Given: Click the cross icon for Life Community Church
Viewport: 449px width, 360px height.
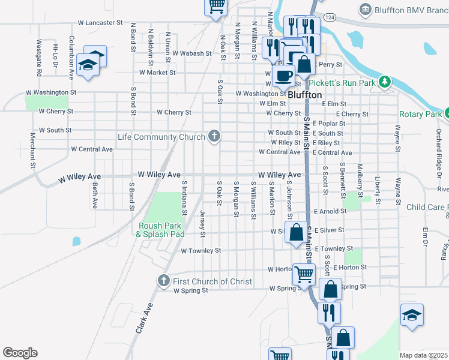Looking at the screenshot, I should (x=214, y=136).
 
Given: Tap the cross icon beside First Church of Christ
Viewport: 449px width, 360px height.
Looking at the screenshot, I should (x=163, y=281).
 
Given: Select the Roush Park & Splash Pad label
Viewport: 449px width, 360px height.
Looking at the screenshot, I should (x=160, y=230).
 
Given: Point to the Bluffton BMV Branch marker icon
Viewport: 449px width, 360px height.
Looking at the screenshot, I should (x=365, y=9).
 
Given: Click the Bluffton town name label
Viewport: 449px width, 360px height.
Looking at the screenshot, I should (x=305, y=95).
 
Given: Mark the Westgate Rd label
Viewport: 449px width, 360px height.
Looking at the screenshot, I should (x=38, y=58).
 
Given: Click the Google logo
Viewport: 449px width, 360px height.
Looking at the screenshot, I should (x=20, y=353).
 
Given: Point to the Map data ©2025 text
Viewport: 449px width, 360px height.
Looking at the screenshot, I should (x=423, y=355).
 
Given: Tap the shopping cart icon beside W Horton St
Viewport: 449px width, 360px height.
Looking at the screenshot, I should (x=304, y=274).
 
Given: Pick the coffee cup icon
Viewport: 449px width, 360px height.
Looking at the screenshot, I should (x=283, y=75).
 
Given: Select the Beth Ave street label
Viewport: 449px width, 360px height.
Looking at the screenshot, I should (x=95, y=196).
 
